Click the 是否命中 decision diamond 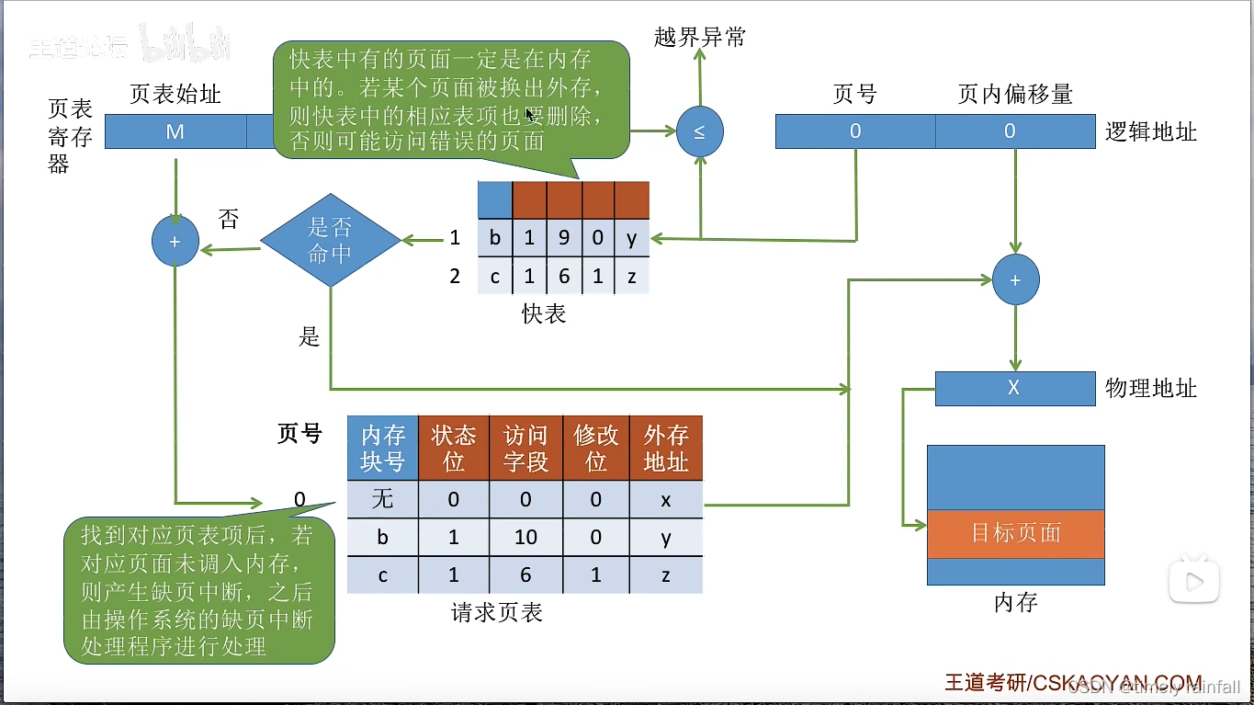coord(331,241)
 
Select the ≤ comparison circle coord(699,131)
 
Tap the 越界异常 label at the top coord(699,37)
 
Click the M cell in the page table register coord(175,131)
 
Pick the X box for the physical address coord(1014,388)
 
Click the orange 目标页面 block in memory coord(1015,533)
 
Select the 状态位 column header coord(454,448)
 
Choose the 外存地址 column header coord(666,448)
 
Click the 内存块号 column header coord(382,448)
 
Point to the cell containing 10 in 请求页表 coord(525,537)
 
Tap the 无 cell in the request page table coord(382,499)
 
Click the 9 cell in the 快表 coord(563,238)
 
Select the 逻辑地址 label coord(1150,131)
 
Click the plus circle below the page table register coord(175,242)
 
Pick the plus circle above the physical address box coord(1015,280)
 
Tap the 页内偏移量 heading coord(1014,94)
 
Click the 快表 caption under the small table coord(544,314)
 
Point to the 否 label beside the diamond coord(228,219)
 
